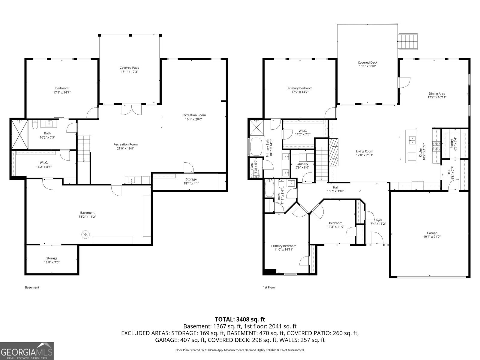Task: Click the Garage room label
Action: pyautogui.click(x=432, y=233)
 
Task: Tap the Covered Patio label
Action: pyautogui.click(x=129, y=68)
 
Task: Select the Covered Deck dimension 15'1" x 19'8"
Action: pyautogui.click(x=367, y=66)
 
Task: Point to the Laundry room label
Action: pyautogui.click(x=302, y=164)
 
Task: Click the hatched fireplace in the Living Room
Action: pyautogui.click(x=334, y=152)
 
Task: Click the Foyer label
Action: pyautogui.click(x=378, y=220)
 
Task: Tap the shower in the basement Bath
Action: pyautogui.click(x=19, y=134)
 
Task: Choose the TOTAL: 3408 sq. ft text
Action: pyautogui.click(x=240, y=319)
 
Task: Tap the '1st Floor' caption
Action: pyautogui.click(x=269, y=287)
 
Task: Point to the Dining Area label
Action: pyautogui.click(x=437, y=94)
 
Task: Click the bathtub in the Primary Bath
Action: pyautogui.click(x=256, y=147)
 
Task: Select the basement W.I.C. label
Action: pyautogui.click(x=44, y=163)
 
